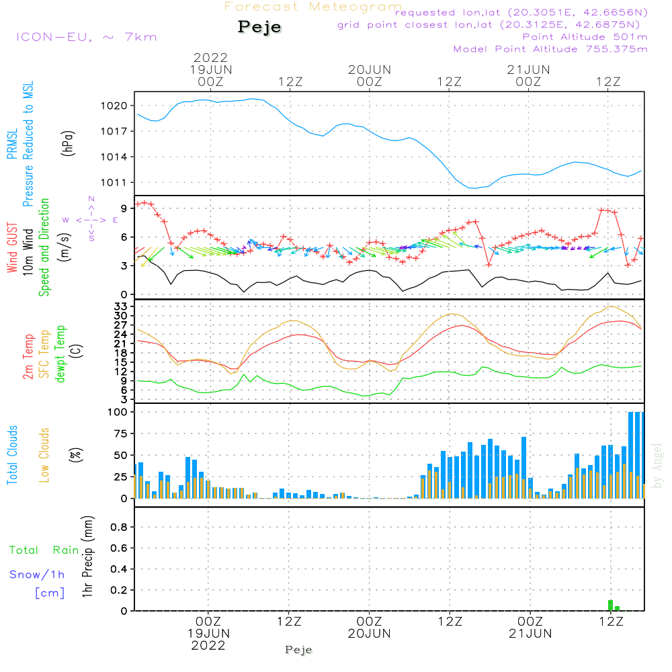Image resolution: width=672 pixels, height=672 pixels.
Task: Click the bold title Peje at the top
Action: click(x=259, y=27)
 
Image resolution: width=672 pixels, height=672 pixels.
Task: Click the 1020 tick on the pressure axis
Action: click(x=114, y=106)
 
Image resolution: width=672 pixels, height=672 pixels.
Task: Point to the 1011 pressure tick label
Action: click(x=114, y=183)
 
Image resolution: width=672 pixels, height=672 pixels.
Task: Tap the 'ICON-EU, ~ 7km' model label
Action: click(x=86, y=37)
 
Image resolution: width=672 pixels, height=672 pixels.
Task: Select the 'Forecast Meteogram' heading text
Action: click(x=313, y=7)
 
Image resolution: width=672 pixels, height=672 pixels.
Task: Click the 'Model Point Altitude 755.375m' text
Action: click(x=550, y=49)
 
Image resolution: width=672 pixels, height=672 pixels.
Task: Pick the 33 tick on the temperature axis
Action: click(x=121, y=306)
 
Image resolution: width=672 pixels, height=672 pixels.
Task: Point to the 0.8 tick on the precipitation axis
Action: click(x=118, y=527)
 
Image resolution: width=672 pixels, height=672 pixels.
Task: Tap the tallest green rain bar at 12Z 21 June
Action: click(x=610, y=605)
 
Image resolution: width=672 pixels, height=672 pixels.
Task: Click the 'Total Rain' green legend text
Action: click(x=44, y=550)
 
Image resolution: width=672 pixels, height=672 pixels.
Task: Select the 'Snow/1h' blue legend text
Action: click(x=37, y=575)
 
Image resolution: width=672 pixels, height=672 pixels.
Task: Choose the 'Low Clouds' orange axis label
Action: click(x=45, y=454)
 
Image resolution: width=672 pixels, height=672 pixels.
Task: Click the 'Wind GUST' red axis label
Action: click(x=12, y=249)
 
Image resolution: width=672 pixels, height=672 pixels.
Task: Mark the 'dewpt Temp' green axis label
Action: click(x=60, y=354)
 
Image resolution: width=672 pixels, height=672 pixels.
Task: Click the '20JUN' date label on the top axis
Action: click(x=369, y=69)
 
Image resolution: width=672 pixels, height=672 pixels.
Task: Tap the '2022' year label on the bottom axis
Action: click(x=208, y=645)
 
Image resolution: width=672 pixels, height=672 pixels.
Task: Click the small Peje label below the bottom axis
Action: click(x=299, y=650)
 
